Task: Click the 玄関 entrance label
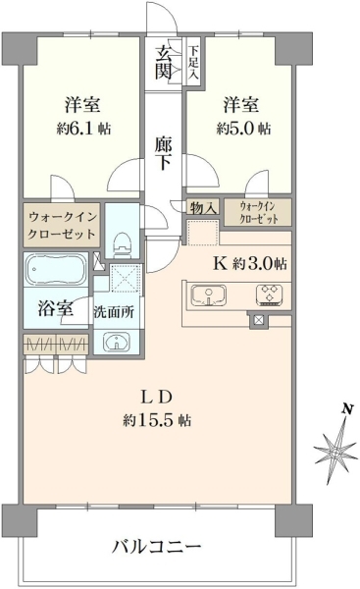(164, 62)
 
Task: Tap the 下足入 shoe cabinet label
(193, 63)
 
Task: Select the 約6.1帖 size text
(83, 129)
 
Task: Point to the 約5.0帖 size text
(243, 129)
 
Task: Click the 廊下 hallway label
(163, 153)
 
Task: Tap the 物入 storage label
(203, 207)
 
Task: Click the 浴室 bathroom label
(56, 309)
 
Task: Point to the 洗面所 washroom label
(114, 312)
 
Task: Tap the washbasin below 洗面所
(117, 342)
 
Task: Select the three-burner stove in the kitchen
(270, 294)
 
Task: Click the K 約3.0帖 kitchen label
(250, 263)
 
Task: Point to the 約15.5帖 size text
(157, 420)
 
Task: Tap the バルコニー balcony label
(157, 547)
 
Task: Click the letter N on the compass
(348, 408)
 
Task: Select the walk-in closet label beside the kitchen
(258, 212)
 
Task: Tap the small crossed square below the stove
(258, 320)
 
